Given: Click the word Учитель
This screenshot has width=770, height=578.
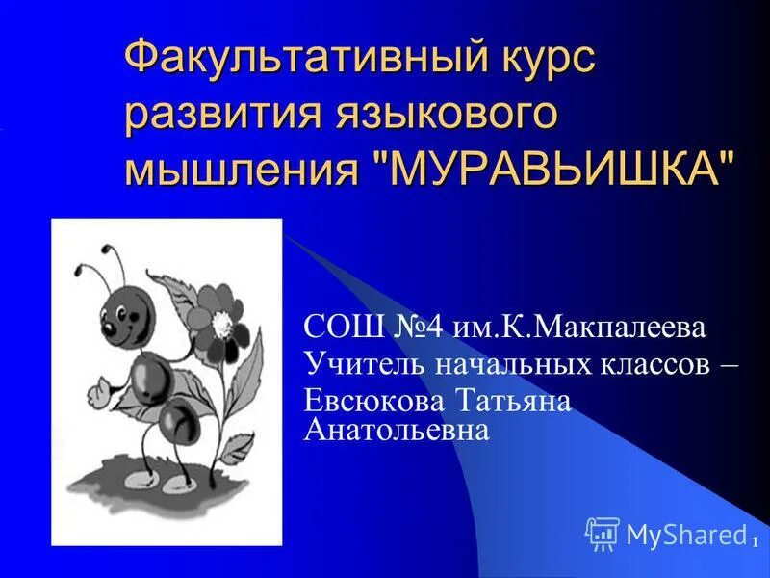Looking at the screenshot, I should [x=355, y=364].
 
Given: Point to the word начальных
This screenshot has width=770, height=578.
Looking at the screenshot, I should [x=495, y=364].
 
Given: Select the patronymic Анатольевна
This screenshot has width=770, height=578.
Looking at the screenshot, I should [x=397, y=430].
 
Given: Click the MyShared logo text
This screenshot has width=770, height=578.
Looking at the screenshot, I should [x=685, y=533].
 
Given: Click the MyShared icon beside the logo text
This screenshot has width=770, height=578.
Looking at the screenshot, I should [x=603, y=533].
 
